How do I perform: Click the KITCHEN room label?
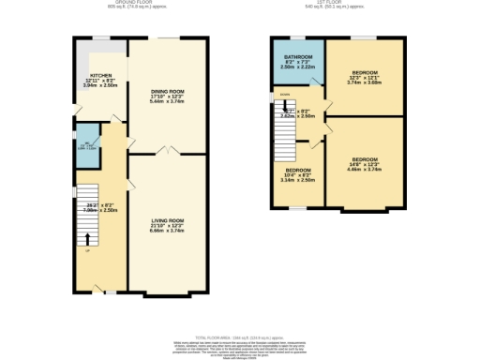pyautogui.click(x=101, y=75)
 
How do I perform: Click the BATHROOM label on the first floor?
pyautogui.click(x=296, y=57)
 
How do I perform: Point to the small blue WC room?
pyautogui.click(x=86, y=144)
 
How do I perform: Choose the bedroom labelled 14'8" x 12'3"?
pyautogui.click(x=364, y=159)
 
